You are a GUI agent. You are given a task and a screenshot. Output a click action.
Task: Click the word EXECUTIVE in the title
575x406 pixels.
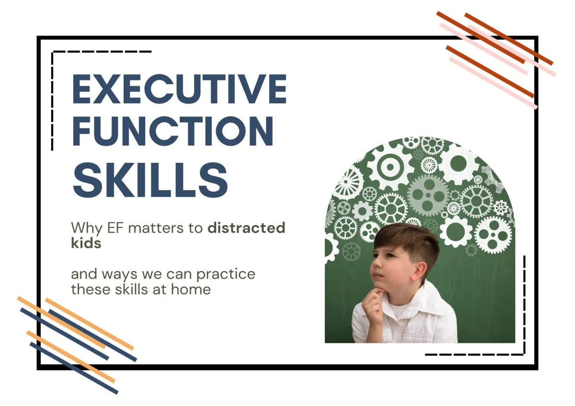(x=179, y=89)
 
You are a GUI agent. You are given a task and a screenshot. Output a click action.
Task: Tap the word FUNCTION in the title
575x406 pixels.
(x=173, y=131)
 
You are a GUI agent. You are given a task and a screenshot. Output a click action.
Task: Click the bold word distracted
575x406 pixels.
(x=246, y=227)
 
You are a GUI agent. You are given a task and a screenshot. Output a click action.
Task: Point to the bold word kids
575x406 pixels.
(x=86, y=242)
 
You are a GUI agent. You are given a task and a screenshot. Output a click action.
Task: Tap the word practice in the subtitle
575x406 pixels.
(x=226, y=275)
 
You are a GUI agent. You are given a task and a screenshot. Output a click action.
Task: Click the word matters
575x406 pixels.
(x=156, y=228)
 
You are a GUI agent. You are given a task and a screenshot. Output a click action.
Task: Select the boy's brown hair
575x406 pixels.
(x=408, y=241)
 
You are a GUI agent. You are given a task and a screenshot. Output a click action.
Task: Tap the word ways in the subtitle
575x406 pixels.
(x=119, y=275)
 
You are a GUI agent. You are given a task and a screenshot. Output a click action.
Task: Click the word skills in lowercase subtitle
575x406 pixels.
(x=131, y=289)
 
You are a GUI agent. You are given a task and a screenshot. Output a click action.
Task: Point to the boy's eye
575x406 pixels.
(x=390, y=255)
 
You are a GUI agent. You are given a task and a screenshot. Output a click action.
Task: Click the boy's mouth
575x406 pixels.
(x=378, y=276)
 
